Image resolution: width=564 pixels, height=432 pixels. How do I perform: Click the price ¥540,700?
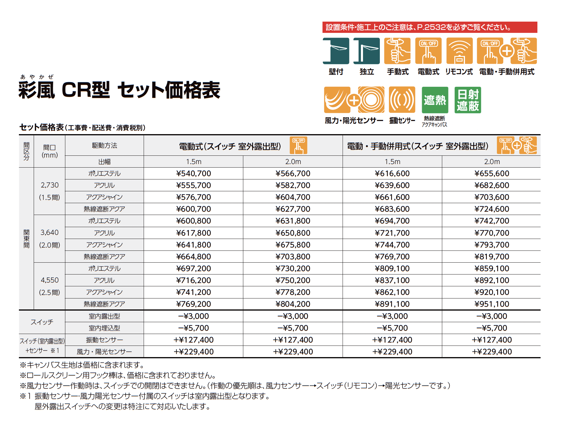coord(194,174)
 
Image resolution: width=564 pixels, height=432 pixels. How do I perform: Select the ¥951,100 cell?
coord(492,304)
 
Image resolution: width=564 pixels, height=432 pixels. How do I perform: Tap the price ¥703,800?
coord(293,257)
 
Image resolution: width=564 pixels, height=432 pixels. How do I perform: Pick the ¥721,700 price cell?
coord(392,233)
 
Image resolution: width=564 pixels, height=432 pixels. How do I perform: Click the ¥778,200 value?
coord(293,292)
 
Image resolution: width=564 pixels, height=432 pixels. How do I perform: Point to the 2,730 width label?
coord(50,185)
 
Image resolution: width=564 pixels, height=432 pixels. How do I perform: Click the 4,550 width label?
coord(50,280)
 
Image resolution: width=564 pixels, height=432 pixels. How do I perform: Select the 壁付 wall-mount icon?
coord(336,51)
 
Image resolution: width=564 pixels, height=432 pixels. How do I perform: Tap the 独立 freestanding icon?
coord(367,51)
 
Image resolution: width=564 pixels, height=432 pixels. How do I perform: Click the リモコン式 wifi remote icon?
coord(459,51)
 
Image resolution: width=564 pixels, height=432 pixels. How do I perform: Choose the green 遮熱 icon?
coord(435,100)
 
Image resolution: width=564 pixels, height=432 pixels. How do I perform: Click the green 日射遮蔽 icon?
coord(468,100)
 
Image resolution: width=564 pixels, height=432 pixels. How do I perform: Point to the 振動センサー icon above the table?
coord(402,100)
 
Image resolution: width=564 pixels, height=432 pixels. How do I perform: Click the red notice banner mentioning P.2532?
coord(430,27)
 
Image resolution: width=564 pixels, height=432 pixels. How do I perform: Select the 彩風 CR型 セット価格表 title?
coord(119,90)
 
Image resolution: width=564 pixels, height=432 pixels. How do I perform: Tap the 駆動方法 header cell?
coord(104,145)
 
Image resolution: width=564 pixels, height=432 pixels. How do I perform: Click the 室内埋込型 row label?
coord(104,328)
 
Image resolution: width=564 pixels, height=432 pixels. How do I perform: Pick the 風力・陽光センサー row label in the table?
coord(104,352)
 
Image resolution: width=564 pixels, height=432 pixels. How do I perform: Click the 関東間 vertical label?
coord(27,239)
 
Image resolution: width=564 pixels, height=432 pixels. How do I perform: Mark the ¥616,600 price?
coord(392,174)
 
